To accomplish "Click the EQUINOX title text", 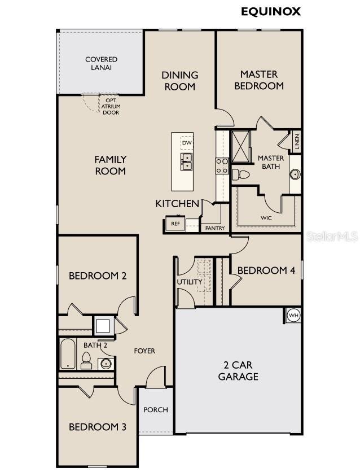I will click(271, 11).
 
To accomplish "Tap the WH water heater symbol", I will click(293, 316).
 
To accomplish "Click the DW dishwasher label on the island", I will click(187, 143).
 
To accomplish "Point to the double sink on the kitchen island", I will click(187, 161).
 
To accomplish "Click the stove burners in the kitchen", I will click(222, 165).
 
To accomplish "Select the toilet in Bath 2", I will click(86, 360).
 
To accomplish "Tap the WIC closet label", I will click(266, 217).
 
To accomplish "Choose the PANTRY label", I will click(215, 228).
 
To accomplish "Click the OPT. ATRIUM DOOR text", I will click(111, 106).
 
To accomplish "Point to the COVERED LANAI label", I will click(102, 63).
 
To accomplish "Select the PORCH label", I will click(155, 409).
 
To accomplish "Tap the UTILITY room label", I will click(190, 282).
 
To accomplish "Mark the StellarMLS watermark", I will click(332, 236).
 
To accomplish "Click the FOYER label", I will click(144, 351).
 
